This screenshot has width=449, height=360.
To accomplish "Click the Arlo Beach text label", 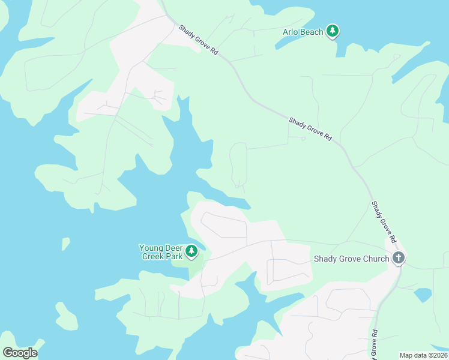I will (303, 32).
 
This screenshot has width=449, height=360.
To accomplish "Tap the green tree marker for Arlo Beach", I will (333, 31).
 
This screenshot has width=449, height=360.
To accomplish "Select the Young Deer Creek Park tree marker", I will (191, 251).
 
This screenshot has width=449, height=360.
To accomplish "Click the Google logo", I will (20, 353).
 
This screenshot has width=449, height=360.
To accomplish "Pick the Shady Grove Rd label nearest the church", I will (384, 221).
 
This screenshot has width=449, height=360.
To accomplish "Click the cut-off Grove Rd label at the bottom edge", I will (375, 345).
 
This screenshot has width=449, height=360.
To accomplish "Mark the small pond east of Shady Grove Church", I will (423, 295).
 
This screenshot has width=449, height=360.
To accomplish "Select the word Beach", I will (312, 32).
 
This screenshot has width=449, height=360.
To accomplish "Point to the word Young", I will (151, 247).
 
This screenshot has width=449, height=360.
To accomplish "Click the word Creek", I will (154, 256).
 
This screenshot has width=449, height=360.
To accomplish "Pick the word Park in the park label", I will (174, 256).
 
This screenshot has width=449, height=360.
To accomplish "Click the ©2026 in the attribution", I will (436, 355).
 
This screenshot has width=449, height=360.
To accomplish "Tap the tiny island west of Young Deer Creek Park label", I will (65, 243).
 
